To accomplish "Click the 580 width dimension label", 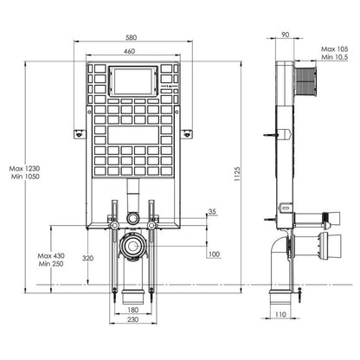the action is coord(131,37).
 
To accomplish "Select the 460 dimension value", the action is coord(129,51).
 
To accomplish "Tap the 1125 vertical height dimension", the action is coord(237,174).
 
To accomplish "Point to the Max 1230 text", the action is coord(24,169).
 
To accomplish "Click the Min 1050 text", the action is coord(25,177).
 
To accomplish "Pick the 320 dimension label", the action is coord(87,258).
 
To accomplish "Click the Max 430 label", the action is coord(51,256).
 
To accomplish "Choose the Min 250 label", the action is coord(51,264).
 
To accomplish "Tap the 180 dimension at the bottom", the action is coord(132,310).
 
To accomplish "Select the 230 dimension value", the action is coord(132,319).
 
